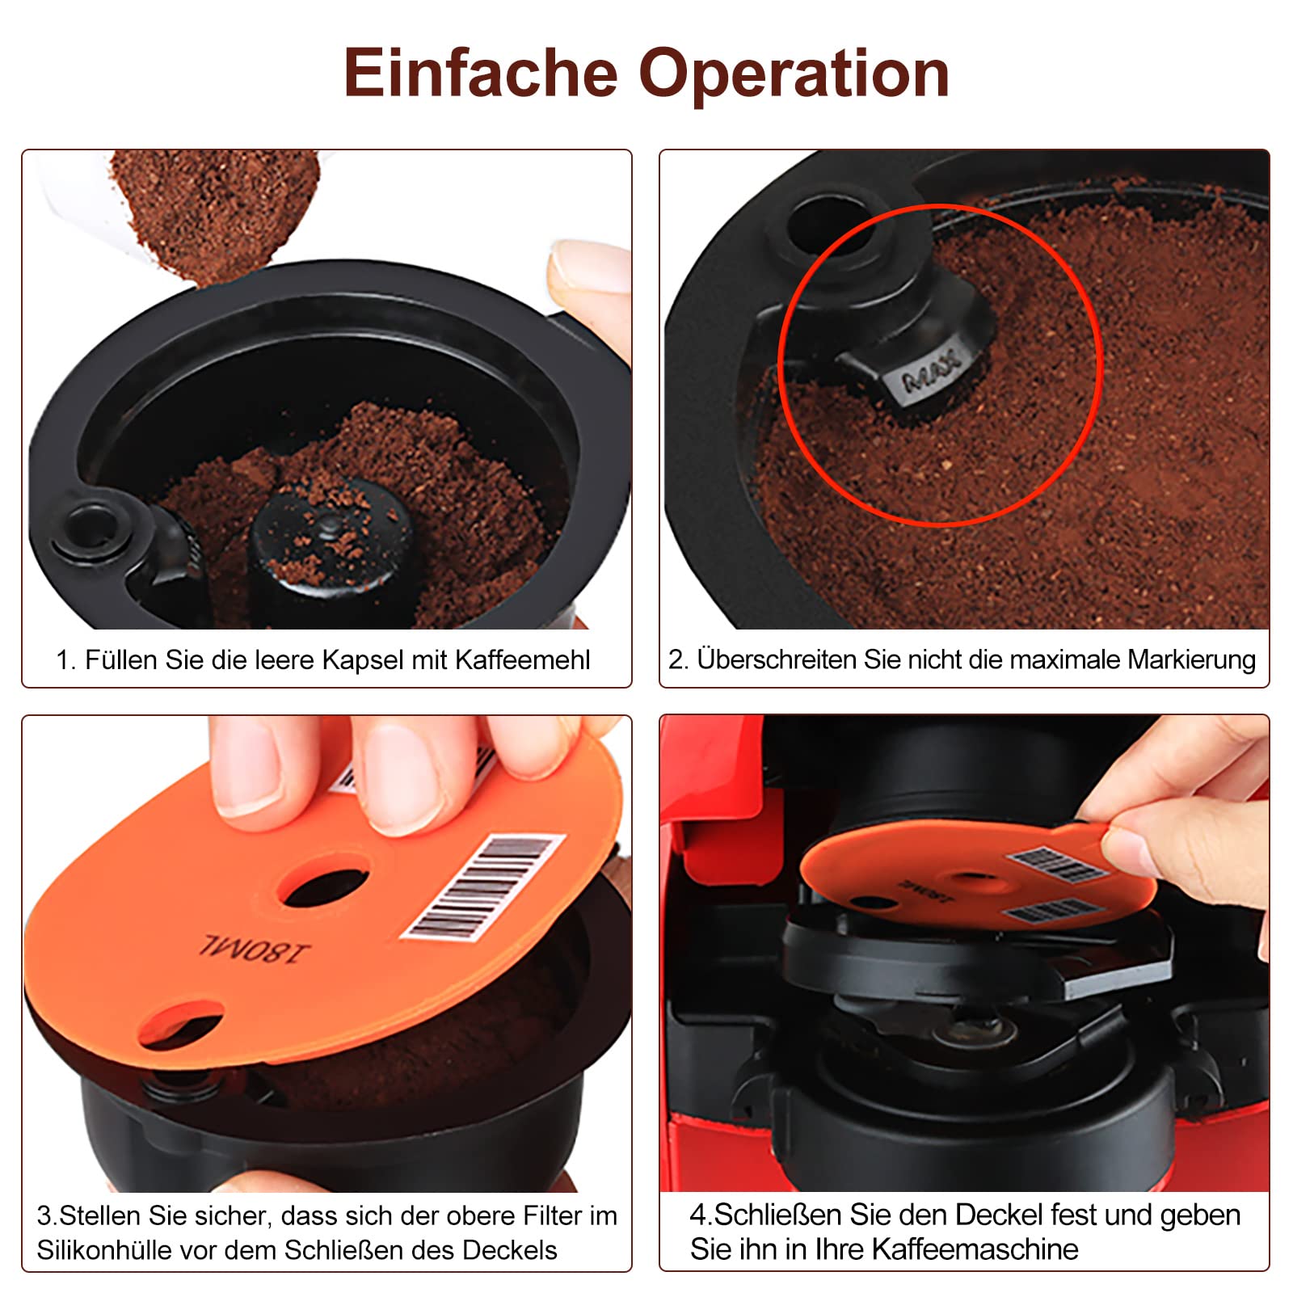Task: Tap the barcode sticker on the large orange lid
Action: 483,887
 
